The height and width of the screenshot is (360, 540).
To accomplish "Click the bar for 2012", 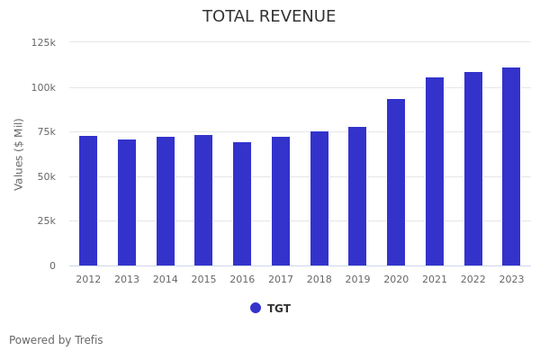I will pyautogui.click(x=88, y=201).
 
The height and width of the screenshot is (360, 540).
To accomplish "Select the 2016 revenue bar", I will pyautogui.click(x=242, y=203).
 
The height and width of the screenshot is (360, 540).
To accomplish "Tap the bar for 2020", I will pyautogui.click(x=396, y=182).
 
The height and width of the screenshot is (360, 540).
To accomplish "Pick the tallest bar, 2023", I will pyautogui.click(x=511, y=166).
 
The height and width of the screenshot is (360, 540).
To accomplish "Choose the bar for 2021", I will pyautogui.click(x=435, y=171).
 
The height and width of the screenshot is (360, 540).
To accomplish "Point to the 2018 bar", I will pyautogui.click(x=319, y=198).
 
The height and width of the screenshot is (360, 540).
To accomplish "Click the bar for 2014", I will pyautogui.click(x=166, y=201).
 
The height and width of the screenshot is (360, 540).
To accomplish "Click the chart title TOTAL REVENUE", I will pyautogui.click(x=269, y=17).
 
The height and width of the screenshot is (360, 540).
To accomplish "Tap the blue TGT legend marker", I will pyautogui.click(x=256, y=308).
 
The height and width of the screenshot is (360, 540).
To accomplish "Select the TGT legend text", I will pyautogui.click(x=279, y=309).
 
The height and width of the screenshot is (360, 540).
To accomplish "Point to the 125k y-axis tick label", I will pyautogui.click(x=43, y=42).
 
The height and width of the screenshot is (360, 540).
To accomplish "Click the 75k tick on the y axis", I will pyautogui.click(x=46, y=131).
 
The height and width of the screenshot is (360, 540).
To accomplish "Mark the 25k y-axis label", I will pyautogui.click(x=46, y=220).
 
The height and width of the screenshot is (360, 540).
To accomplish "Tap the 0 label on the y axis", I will pyautogui.click(x=52, y=265).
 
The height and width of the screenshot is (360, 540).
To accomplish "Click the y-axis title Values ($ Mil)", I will pyautogui.click(x=19, y=154).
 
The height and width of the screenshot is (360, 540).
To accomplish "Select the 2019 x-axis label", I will pyautogui.click(x=357, y=280).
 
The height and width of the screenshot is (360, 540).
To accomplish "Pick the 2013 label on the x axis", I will pyautogui.click(x=127, y=280).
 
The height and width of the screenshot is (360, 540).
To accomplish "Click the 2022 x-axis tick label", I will pyautogui.click(x=473, y=280).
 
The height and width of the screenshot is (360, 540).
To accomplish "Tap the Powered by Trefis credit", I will pyautogui.click(x=56, y=340).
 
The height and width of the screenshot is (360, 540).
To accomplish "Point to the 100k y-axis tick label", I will pyautogui.click(x=43, y=87).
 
